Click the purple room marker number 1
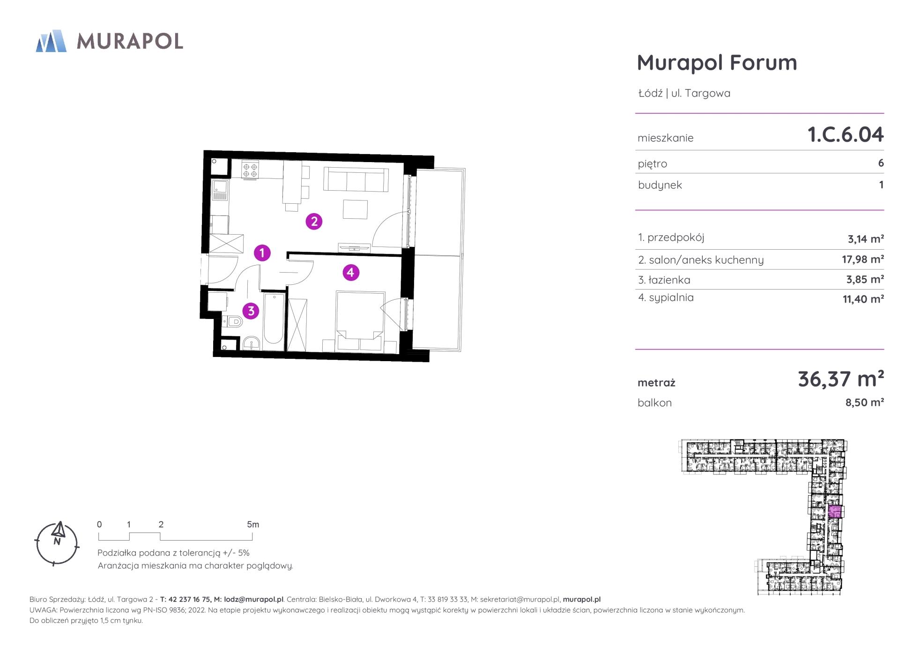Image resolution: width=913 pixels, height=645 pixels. tap(262, 253)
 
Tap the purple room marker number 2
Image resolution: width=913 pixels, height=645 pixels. tap(314, 221)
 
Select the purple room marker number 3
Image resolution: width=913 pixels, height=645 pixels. tap(251, 311)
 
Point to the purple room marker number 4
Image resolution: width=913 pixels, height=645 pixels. tap(351, 272)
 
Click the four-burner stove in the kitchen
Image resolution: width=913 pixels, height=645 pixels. tap(250, 169)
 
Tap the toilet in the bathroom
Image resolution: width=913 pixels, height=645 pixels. tap(233, 322)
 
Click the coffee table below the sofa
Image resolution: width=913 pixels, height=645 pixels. tap(355, 209)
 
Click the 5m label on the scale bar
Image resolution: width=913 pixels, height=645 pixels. tap(253, 525)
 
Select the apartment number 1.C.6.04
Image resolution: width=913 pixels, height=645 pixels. tap(846, 135)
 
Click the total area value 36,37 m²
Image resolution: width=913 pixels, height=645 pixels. tap(841, 379)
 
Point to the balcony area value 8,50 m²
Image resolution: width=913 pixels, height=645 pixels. tap(865, 402)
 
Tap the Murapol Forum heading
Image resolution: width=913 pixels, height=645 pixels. tap(717, 63)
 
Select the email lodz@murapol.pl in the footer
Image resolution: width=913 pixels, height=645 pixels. tap(253, 600)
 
